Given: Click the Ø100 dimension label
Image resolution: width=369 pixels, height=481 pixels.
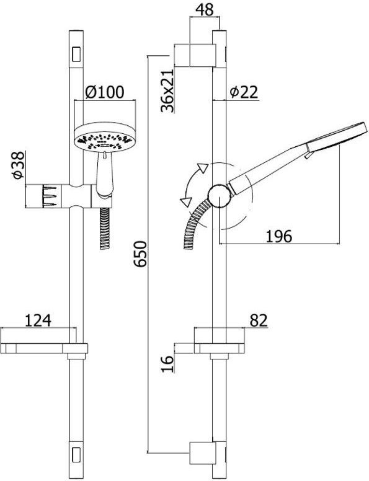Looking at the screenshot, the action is point(105,92).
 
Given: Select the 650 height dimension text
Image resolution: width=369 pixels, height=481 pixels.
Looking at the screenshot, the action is point(141,254).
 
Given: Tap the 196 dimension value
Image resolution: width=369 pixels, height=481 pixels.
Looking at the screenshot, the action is point(278,237).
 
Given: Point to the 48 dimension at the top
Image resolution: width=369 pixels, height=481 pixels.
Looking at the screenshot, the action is point(205,9).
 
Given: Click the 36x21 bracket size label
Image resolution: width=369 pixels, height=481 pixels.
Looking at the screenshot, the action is point(167,90).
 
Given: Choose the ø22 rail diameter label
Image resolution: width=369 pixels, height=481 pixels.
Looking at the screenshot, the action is point(244,92).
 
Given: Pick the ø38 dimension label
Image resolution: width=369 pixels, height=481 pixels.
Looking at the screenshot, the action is point(18,165).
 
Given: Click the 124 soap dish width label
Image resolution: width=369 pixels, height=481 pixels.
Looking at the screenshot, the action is point(38,320).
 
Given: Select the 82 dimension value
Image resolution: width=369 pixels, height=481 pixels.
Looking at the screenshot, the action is point(259,320).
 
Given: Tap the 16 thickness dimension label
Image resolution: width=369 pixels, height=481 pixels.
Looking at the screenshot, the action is point(167,364).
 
